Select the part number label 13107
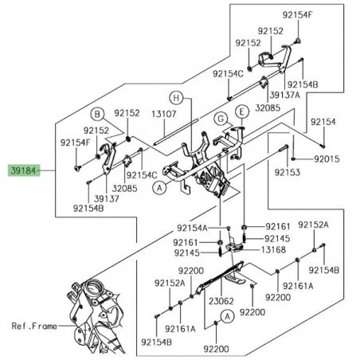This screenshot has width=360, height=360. tap(163, 114)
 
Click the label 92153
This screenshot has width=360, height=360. tap(288, 172)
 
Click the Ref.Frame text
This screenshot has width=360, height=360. tap(35, 326)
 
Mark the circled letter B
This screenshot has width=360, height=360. tap(95, 113)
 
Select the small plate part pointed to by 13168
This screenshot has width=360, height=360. tap(234, 248)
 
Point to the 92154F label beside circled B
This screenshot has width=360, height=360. tap(73, 142)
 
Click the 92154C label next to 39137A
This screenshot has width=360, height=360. tap(227, 73)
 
